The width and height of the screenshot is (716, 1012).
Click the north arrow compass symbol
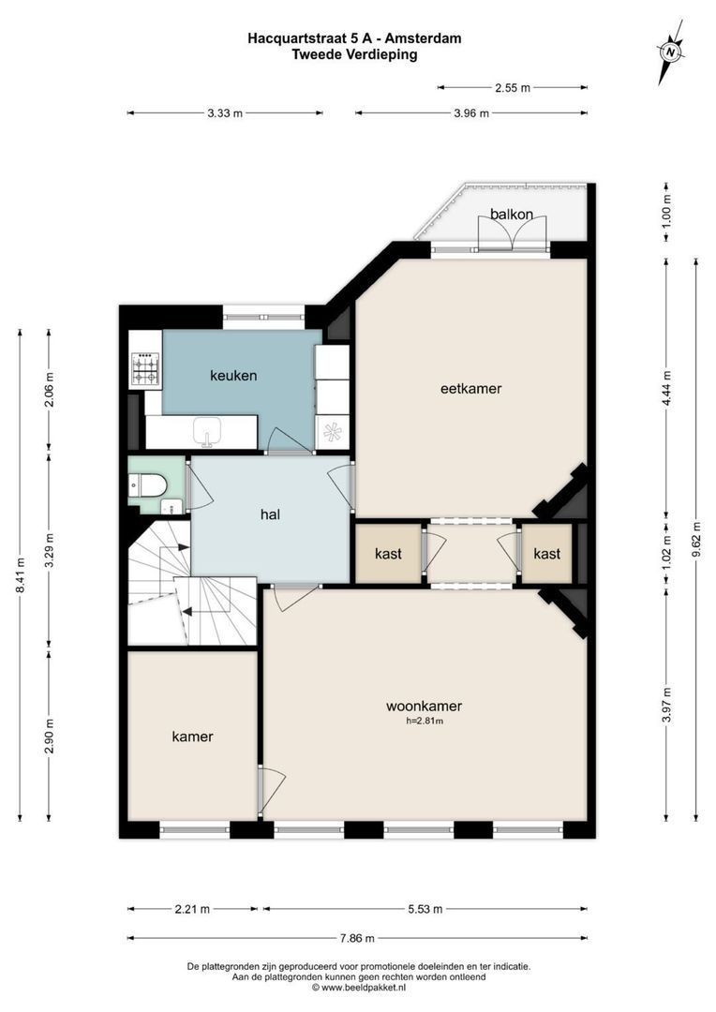click(670, 52)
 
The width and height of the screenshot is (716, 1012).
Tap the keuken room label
click(232, 376)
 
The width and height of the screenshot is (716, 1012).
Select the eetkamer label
click(470, 388)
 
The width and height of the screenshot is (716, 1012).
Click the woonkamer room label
click(424, 707)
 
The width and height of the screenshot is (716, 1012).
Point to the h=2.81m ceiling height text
click(424, 722)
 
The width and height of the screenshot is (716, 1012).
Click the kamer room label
click(192, 737)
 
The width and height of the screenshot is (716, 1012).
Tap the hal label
click(271, 513)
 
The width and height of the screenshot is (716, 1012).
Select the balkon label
click(512, 214)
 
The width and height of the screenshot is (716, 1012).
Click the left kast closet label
click(388, 554)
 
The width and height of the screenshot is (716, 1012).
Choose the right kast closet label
click(546, 554)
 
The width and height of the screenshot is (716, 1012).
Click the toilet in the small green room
click(150, 484)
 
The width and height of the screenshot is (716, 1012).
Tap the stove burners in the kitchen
click(144, 369)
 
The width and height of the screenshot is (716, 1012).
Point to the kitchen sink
click(205, 433)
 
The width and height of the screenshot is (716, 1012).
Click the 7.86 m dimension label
click(356, 938)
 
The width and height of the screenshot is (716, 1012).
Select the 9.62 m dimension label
click(695, 540)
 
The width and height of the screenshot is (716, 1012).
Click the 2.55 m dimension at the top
click(512, 88)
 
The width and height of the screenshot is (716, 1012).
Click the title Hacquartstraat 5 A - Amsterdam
click(354, 38)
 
